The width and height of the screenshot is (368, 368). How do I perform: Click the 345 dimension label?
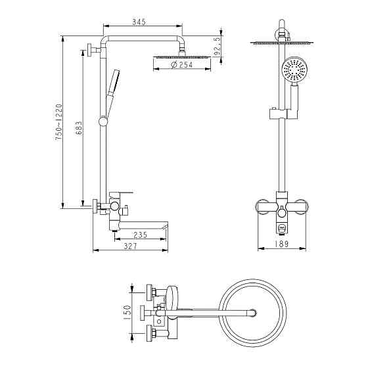point(139,22)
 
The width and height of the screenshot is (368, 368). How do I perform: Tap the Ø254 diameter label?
point(182,64)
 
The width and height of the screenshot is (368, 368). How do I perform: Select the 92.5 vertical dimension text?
point(218,46)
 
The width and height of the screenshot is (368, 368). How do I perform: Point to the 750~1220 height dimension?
point(58,122)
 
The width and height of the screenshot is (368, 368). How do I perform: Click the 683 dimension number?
point(79,128)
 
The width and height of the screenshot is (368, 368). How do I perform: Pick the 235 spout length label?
point(140,235)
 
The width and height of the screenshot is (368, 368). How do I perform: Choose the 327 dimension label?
point(131,246)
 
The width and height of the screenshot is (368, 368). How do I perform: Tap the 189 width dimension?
point(281,244)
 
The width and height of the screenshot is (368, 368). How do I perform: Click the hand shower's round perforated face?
point(292,70)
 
